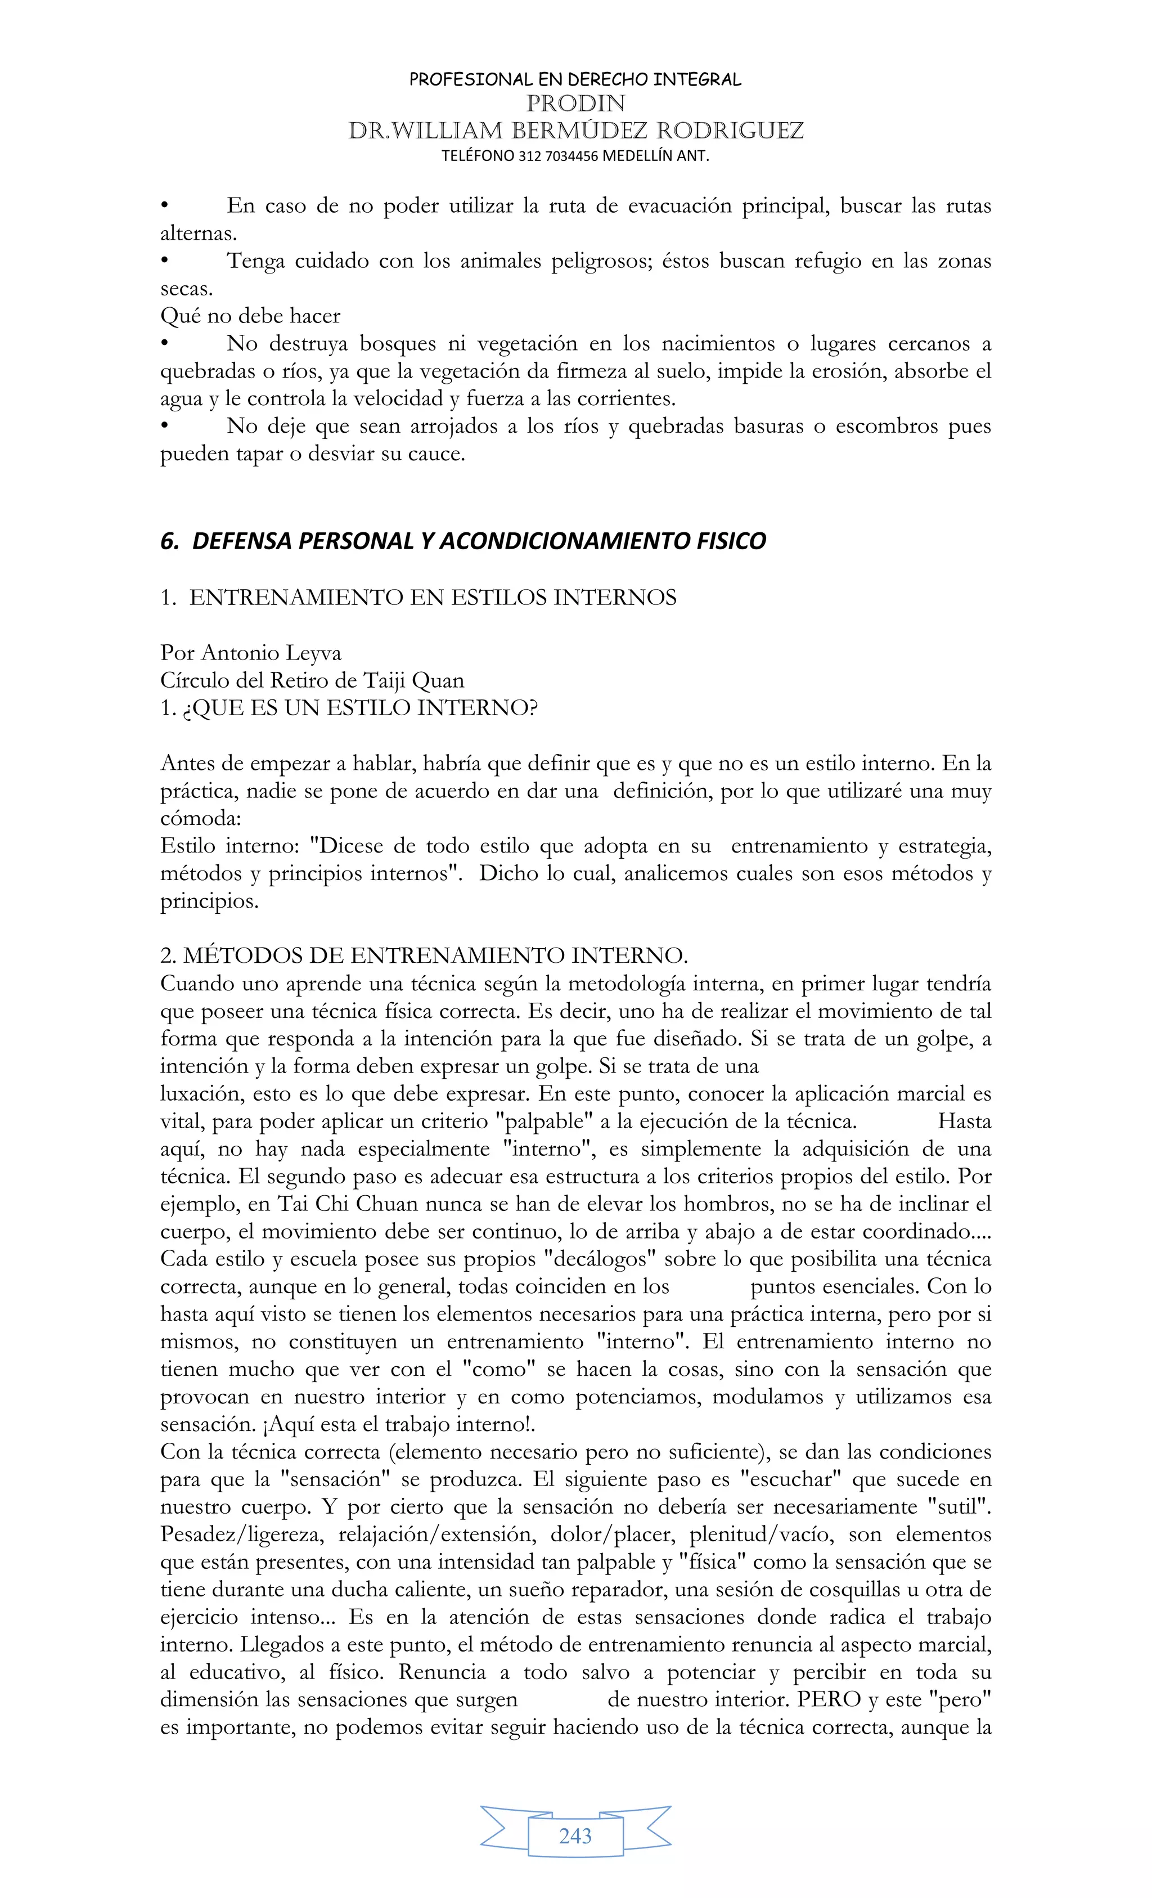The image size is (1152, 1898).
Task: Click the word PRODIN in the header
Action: click(x=575, y=104)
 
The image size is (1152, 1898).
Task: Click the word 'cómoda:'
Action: click(x=200, y=819)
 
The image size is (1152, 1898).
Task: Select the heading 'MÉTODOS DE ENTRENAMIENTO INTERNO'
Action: click(x=434, y=956)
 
